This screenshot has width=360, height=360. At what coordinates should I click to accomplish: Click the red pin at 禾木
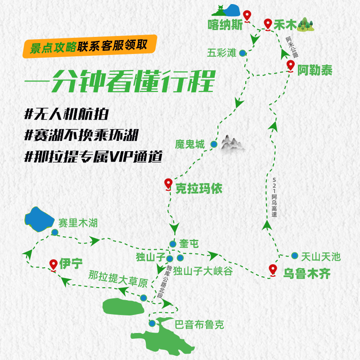[x=268, y=23]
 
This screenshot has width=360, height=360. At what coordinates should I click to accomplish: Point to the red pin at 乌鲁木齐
[x=273, y=270]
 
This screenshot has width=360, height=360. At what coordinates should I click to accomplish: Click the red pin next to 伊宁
[x=53, y=264]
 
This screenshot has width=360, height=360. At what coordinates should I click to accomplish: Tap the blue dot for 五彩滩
[x=243, y=53]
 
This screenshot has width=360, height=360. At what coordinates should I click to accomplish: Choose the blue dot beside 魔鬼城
[x=214, y=144]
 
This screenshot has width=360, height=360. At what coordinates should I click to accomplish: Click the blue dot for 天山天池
[x=294, y=255]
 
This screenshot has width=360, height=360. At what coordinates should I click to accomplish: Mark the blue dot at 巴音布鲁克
[x=152, y=323]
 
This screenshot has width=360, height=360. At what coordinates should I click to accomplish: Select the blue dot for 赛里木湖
[x=54, y=232]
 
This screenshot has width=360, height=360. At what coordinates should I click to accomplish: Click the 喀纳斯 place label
[x=225, y=24]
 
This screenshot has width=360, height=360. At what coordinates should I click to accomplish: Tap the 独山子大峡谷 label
[x=203, y=271]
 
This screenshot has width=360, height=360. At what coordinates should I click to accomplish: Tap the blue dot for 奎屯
[x=172, y=244]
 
